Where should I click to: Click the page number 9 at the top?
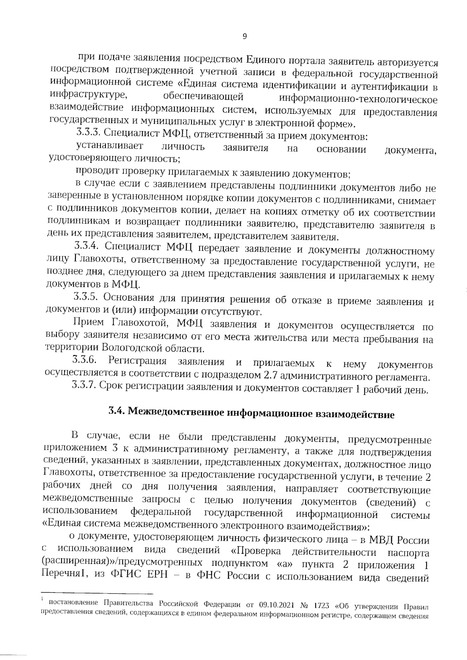[x=244, y=37]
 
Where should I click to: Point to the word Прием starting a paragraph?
[x=88, y=322]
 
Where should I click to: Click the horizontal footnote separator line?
[x=97, y=605]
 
